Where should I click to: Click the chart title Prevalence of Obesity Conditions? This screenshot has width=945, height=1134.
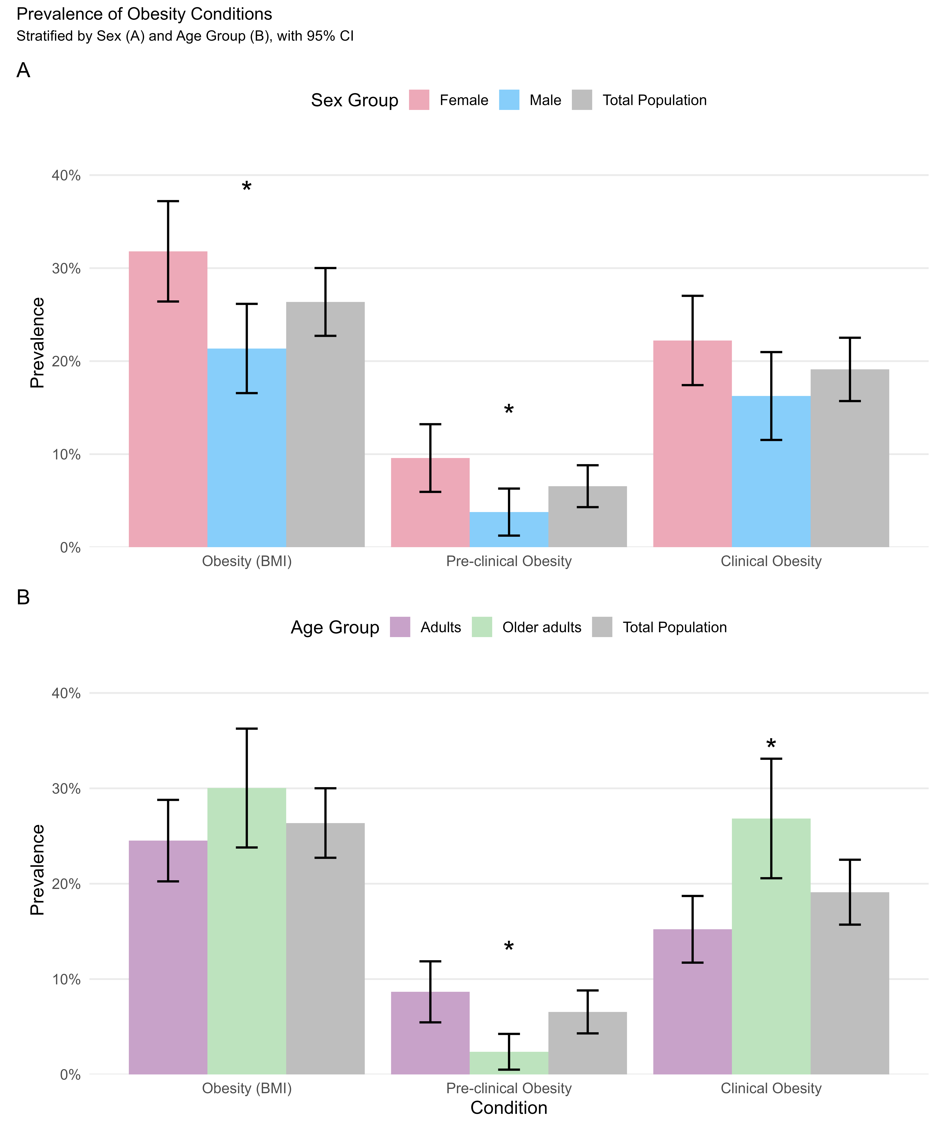(x=144, y=14)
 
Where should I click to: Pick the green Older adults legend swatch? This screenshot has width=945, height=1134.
(x=482, y=627)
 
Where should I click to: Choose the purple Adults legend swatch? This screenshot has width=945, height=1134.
(x=400, y=627)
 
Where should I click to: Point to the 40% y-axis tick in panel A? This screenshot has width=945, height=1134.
(x=66, y=175)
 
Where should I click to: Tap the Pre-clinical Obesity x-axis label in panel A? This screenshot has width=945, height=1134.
(x=509, y=561)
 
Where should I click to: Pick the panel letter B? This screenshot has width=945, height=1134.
(x=23, y=597)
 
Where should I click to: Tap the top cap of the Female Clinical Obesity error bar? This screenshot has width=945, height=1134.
(x=692, y=296)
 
